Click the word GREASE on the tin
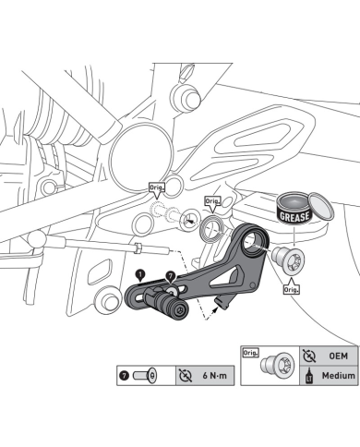tap(294, 216)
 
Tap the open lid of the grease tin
tap(321, 207)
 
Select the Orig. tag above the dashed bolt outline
tap(157, 187)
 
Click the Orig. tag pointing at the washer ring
tap(212, 201)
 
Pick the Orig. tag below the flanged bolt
tap(291, 289)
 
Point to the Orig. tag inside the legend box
tap(251, 353)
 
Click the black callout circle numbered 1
tap(140, 274)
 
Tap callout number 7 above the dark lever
tap(170, 276)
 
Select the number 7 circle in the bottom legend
tap(125, 376)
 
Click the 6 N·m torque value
tap(215, 376)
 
